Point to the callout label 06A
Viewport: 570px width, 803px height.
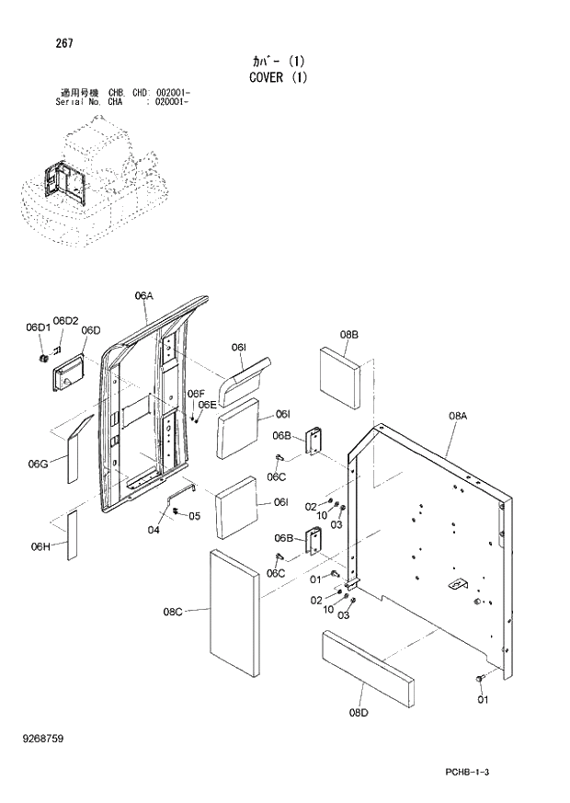pyautogui.click(x=143, y=295)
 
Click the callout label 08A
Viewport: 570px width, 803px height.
pyautogui.click(x=458, y=417)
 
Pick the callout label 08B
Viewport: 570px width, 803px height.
pyautogui.click(x=348, y=335)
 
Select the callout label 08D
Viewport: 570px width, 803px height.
pyautogui.click(x=359, y=710)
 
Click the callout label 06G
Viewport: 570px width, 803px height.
pyautogui.click(x=38, y=463)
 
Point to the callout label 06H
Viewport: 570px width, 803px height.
pyautogui.click(x=40, y=546)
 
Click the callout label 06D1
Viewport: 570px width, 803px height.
pyautogui.click(x=37, y=327)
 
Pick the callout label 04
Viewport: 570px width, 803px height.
pyautogui.click(x=153, y=529)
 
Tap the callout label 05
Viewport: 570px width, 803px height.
pyautogui.click(x=194, y=516)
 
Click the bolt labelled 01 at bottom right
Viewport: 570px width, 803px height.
pyautogui.click(x=479, y=678)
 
